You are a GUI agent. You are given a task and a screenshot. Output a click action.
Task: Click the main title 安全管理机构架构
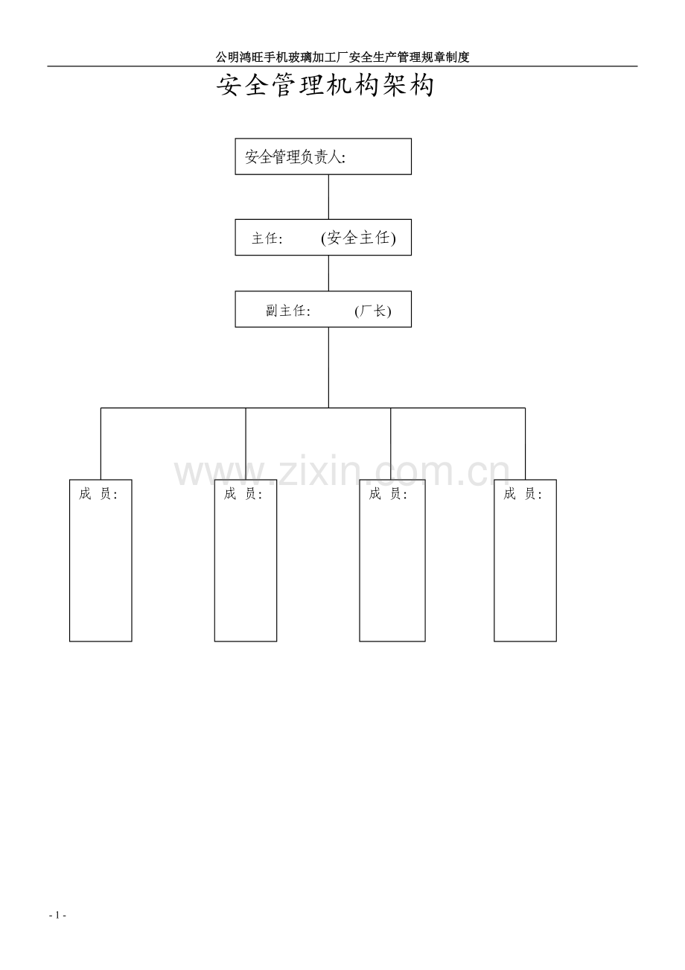tap(325, 86)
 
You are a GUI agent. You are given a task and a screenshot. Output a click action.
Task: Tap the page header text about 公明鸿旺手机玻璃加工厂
tap(342, 57)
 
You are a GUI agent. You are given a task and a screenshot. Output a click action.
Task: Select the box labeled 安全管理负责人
tap(323, 156)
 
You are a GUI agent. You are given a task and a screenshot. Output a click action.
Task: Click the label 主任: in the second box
tap(267, 238)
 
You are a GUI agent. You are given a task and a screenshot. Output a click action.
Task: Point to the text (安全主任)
tap(358, 238)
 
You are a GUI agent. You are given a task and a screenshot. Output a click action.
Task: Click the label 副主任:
tap(288, 311)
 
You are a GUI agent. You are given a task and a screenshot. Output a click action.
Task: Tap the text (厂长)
tap(372, 311)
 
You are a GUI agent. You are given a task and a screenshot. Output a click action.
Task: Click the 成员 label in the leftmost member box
tap(98, 494)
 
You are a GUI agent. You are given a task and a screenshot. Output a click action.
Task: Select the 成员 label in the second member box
tap(243, 494)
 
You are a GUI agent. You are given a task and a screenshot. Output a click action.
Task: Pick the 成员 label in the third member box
tap(388, 494)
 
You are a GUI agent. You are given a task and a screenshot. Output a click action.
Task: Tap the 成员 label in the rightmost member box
tap(523, 494)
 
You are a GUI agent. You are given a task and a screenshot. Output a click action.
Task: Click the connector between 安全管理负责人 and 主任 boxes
tap(328, 197)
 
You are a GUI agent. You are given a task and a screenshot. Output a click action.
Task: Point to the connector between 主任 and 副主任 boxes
tap(328, 273)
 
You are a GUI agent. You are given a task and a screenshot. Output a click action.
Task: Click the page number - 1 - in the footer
tap(57, 916)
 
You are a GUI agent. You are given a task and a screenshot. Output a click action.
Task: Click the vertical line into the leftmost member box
tap(101, 443)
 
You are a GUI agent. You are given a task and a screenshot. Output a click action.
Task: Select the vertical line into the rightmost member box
tap(526, 443)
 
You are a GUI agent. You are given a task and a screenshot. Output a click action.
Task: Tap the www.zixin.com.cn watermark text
tap(342, 472)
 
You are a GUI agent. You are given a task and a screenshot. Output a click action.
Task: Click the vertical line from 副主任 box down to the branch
tap(328, 367)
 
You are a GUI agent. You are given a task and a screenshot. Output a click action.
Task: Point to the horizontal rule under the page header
tap(342, 66)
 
